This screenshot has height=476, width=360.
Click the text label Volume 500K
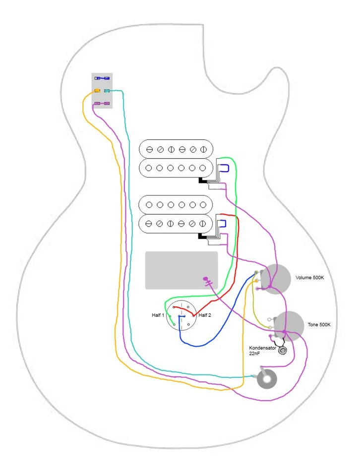pyautogui.click(x=309, y=278)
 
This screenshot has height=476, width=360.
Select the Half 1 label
pyautogui.click(x=158, y=315)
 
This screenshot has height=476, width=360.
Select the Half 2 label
pyautogui.click(x=205, y=315)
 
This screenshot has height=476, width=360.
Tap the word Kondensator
pyautogui.click(x=262, y=348)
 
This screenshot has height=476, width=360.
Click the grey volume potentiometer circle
pyautogui.click(x=276, y=280)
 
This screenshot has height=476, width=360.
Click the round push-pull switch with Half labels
pyautogui.click(x=181, y=317)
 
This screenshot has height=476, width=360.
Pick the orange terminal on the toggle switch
pyautogui.click(x=98, y=91)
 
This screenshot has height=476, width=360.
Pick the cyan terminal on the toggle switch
pyautogui.click(x=107, y=91)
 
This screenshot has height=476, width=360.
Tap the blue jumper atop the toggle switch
pyautogui.click(x=102, y=78)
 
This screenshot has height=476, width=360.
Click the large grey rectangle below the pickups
pyautogui.click(x=181, y=270)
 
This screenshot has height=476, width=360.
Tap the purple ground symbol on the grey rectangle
pyautogui.click(x=208, y=281)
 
